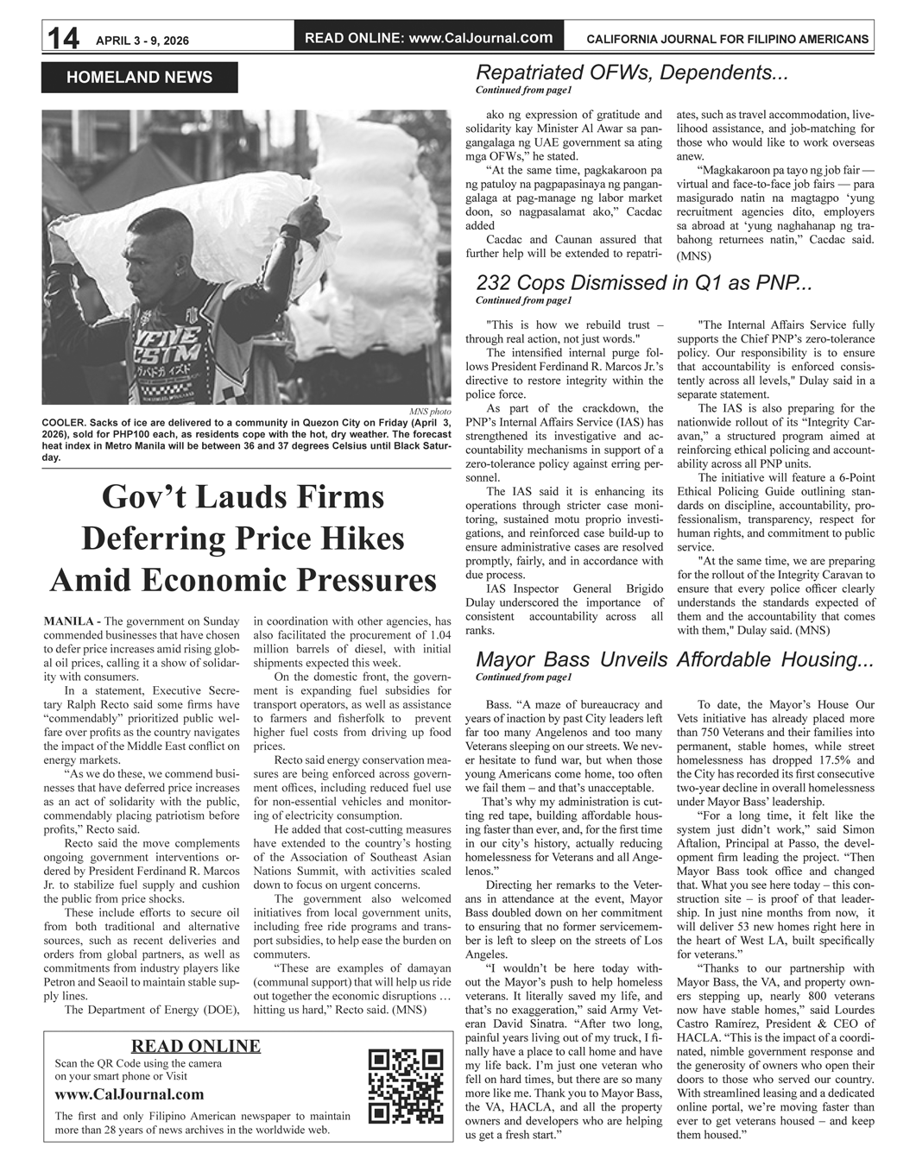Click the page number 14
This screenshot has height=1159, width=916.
click(63, 39)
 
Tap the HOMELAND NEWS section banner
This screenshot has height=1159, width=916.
click(139, 78)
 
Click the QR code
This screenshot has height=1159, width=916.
click(405, 1086)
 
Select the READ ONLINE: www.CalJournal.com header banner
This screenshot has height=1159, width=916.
click(429, 38)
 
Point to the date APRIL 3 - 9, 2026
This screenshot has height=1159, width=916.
click(142, 41)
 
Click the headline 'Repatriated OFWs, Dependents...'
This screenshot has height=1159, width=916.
click(632, 72)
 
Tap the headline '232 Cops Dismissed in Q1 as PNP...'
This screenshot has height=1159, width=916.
click(643, 283)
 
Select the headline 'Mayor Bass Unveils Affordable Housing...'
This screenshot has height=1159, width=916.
click(674, 660)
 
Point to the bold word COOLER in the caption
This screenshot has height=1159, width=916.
click(64, 423)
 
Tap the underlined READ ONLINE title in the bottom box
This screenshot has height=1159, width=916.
click(195, 1046)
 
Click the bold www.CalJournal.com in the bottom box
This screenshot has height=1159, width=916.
click(130, 1094)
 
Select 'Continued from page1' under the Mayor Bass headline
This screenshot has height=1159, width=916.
click(523, 677)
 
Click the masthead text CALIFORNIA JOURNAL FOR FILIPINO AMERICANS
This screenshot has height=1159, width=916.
click(727, 39)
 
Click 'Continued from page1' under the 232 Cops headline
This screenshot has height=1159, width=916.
click(523, 300)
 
